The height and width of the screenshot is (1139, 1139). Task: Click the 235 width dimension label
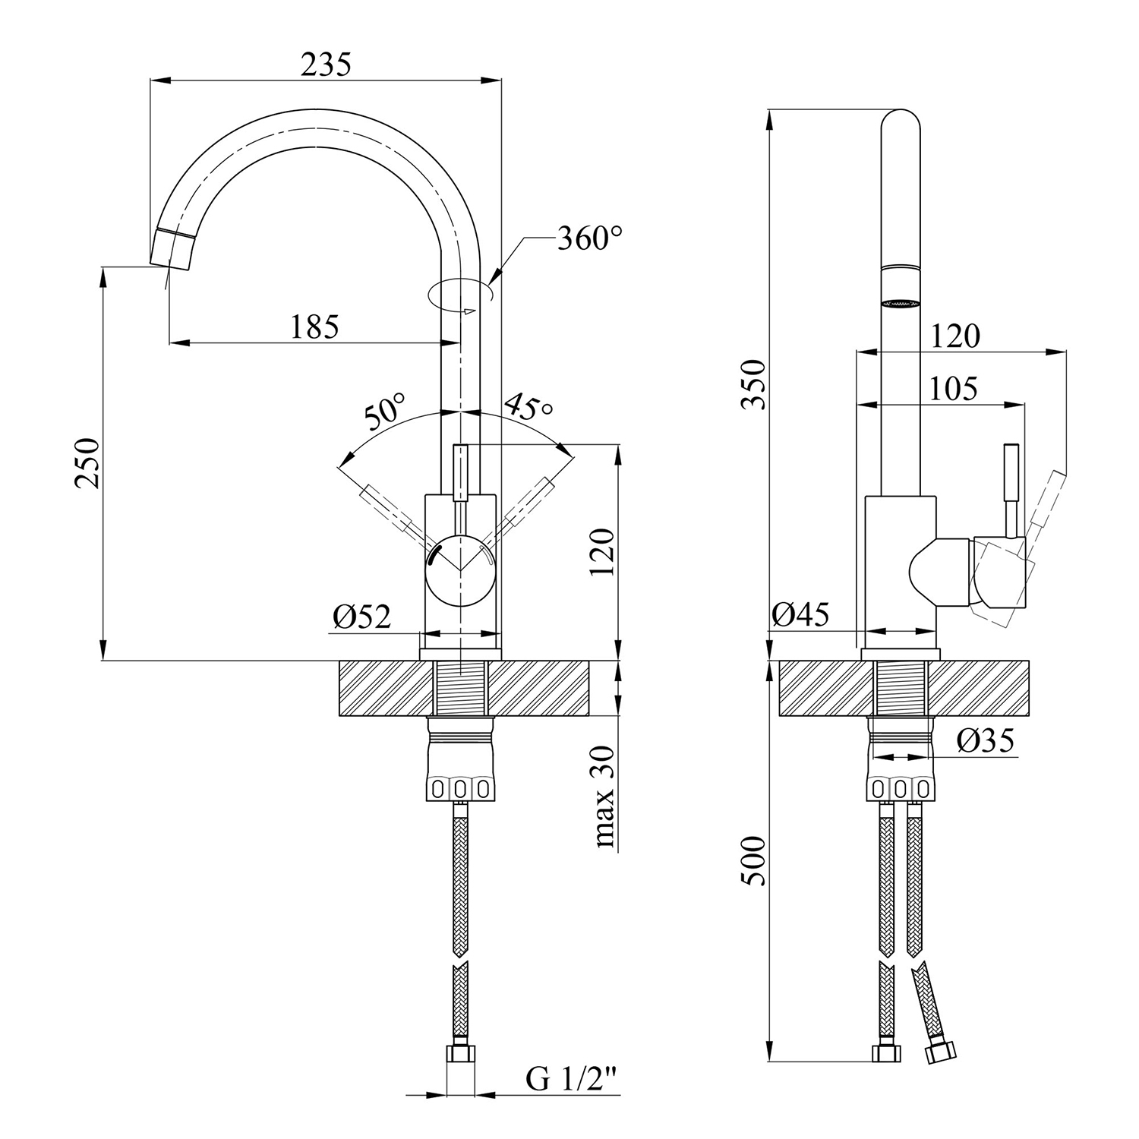326,65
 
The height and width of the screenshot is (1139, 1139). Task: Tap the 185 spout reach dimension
314,327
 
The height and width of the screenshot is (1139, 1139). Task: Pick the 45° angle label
528,407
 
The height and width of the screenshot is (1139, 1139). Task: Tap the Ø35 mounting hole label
986,740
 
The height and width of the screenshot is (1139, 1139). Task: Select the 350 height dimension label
754,384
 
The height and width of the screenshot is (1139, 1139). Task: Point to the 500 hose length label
754,861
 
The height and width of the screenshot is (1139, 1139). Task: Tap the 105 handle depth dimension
954,389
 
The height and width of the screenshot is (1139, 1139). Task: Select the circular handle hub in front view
460,570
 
